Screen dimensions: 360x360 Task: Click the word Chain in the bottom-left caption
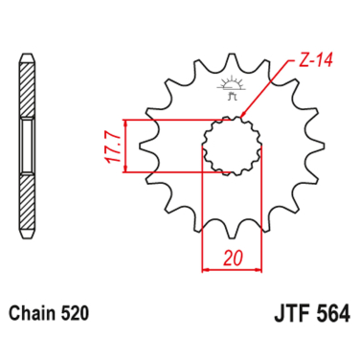pos(32,313)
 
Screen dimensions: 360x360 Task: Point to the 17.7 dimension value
pos(114,147)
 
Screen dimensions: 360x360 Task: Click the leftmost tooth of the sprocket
pos(147,147)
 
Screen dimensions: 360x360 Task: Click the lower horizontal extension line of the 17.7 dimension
pos(172,173)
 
